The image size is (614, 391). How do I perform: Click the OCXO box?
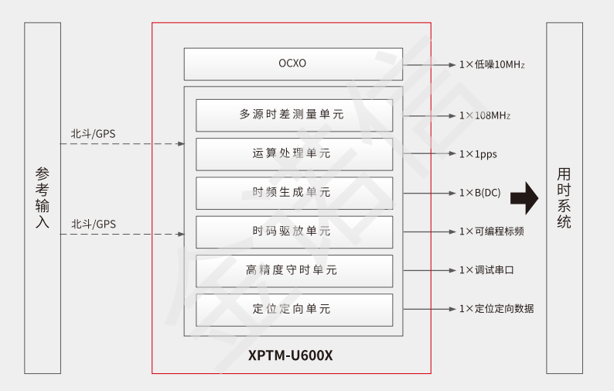coord(292,63)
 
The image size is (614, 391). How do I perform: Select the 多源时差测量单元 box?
coord(293,115)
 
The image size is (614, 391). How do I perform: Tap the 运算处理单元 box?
coord(293,153)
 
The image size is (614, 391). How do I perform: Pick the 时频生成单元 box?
coord(293,192)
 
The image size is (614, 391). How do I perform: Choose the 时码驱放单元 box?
coord(293,231)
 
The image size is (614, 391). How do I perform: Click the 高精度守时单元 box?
coord(293,270)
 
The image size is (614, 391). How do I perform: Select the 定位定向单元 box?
coord(293,309)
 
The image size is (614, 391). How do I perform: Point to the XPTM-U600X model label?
coord(291,355)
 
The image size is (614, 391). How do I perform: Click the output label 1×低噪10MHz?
coord(492,64)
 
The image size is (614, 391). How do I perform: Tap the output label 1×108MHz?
coord(485,115)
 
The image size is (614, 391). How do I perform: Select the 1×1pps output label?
coord(478,154)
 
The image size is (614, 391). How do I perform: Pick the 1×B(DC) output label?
coord(480,193)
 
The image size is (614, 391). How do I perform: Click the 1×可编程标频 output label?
coord(491,231)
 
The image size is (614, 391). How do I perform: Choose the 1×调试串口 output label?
coord(486,270)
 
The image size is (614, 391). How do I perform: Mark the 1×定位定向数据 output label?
coord(496,308)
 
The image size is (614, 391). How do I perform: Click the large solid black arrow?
coord(524,197)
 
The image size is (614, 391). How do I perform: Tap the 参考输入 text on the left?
coord(43,197)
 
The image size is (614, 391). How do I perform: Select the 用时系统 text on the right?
coord(565,197)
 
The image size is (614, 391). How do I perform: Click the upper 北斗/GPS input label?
coord(94,134)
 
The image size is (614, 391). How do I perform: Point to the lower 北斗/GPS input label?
coord(94,224)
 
